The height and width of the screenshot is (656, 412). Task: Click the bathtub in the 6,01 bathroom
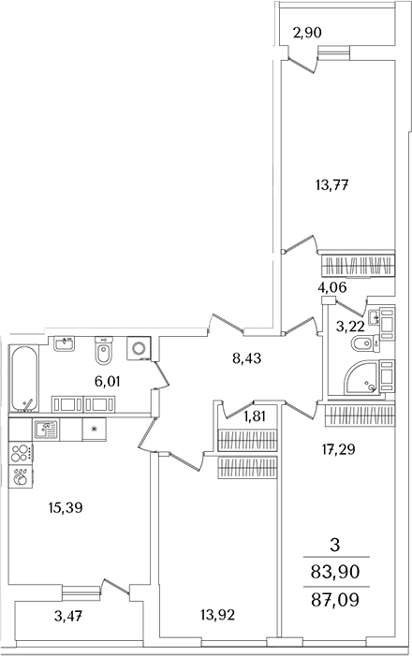[24, 378]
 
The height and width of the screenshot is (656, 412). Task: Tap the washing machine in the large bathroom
[139, 348]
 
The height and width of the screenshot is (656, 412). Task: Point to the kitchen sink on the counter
[47, 430]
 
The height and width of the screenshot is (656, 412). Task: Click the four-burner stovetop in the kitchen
[21, 453]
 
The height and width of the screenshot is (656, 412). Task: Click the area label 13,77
[332, 184]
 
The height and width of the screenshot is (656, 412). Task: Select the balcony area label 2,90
[307, 32]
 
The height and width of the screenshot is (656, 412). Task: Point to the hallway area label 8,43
[246, 358]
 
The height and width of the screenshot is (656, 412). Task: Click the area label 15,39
[66, 508]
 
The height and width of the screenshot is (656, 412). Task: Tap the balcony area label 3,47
[68, 616]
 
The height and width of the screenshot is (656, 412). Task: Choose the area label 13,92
[218, 615]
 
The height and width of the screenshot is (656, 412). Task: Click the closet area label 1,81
[254, 416]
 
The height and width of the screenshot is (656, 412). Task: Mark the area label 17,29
[338, 449]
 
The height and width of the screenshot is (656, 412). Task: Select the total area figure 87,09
[335, 600]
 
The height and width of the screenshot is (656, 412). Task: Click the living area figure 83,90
[335, 571]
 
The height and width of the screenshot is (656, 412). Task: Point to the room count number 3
[335, 545]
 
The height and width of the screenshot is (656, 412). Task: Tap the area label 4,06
[332, 287]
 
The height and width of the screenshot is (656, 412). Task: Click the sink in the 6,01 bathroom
[64, 343]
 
